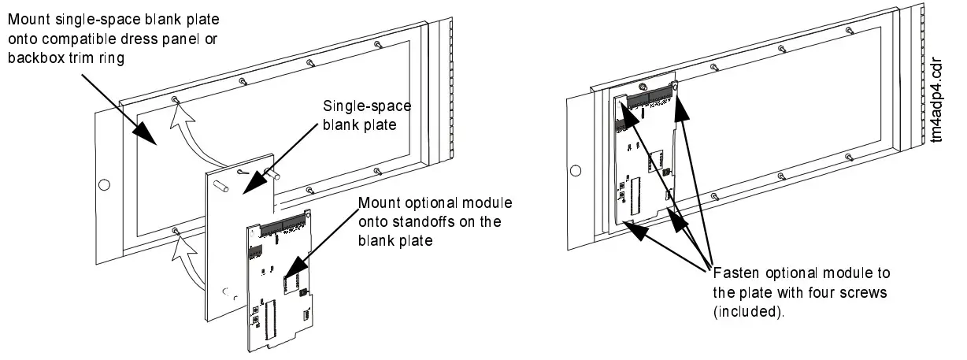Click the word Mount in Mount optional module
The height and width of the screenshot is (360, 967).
(376, 202)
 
